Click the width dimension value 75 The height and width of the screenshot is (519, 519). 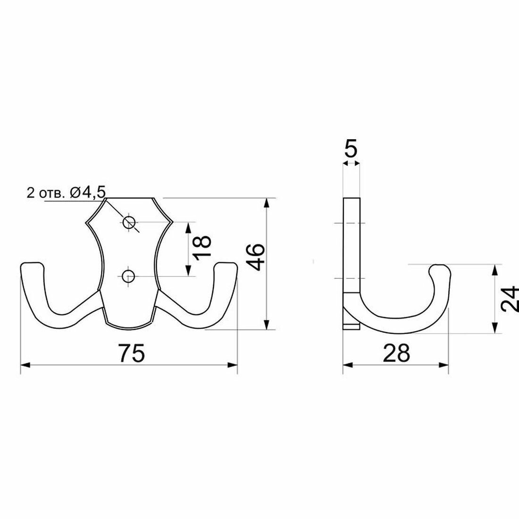click(132, 353)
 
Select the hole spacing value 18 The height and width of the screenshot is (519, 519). click(201, 248)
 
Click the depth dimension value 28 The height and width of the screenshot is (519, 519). click(396, 353)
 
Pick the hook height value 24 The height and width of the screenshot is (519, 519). click(510, 299)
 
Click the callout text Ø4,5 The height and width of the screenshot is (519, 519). click(88, 193)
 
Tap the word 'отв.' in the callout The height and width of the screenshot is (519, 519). click(51, 193)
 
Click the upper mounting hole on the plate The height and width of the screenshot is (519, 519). click(128, 222)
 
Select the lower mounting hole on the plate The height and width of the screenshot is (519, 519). click(128, 276)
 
